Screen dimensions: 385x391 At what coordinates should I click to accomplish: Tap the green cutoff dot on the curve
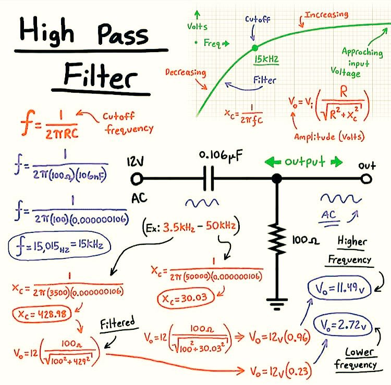tap(254, 48)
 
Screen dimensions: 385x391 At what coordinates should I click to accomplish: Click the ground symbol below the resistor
tap(277, 301)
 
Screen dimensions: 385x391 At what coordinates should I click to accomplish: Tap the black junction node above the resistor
tap(277, 179)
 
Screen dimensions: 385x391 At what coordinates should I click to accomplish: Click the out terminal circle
tap(367, 179)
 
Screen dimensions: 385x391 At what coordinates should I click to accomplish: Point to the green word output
tap(306, 162)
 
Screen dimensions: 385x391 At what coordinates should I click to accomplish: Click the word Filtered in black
tap(117, 323)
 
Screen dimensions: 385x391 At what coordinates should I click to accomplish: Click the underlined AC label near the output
tap(329, 214)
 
